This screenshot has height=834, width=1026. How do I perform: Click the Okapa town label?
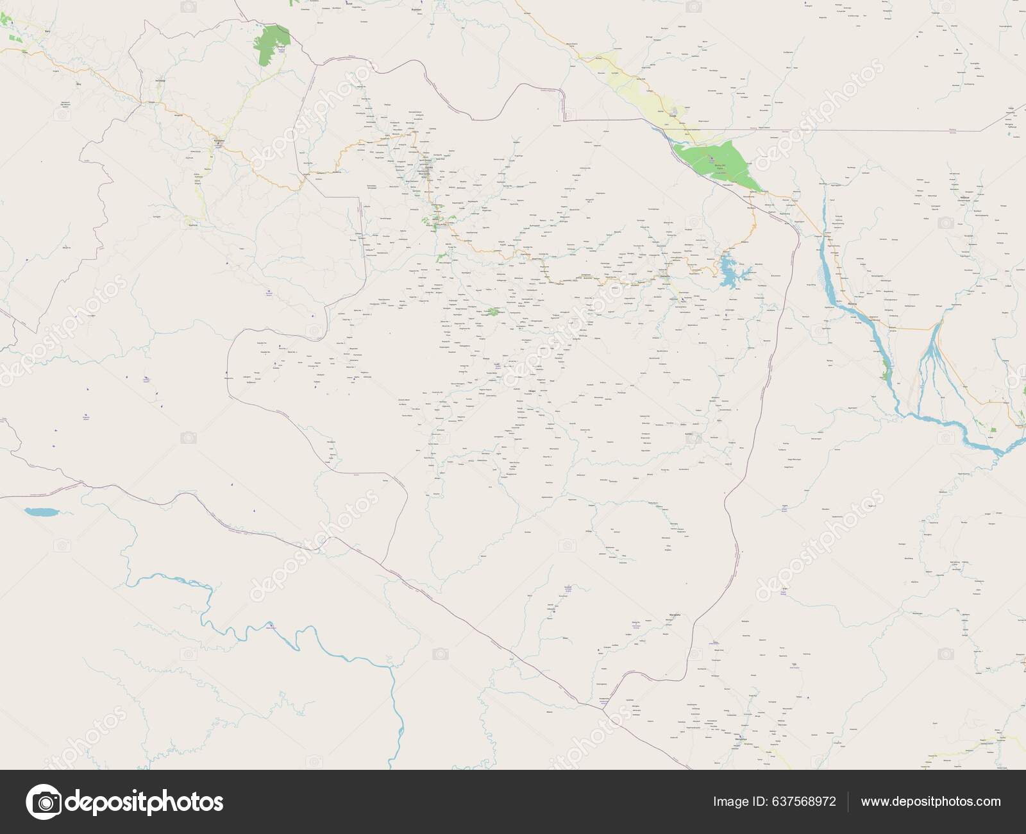click(x=531, y=390)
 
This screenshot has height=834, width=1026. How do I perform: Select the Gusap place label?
click(x=672, y=116)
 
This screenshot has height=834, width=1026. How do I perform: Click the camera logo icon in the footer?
click(x=44, y=801)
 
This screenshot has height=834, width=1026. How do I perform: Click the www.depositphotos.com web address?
click(x=930, y=801)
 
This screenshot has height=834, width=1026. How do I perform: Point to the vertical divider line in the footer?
click(x=848, y=801)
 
